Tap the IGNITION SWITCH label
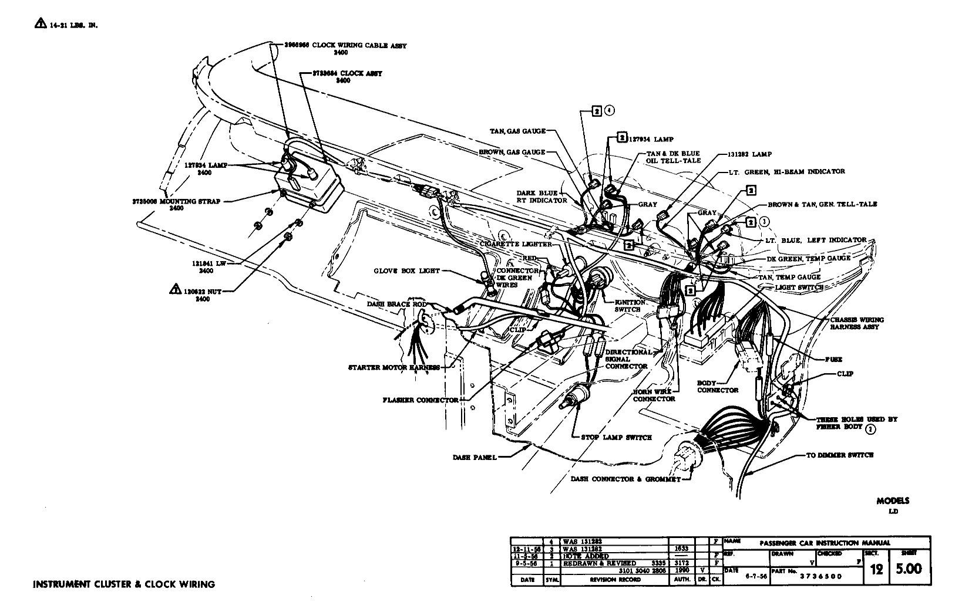click(630, 306)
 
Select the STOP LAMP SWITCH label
click(616, 437)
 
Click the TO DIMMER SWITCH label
click(839, 455)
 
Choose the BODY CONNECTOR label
click(718, 386)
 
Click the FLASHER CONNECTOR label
click(420, 400)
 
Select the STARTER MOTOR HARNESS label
click(394, 368)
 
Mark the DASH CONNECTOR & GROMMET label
click(625, 479)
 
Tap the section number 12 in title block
click(876, 569)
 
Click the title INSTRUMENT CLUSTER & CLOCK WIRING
click(124, 584)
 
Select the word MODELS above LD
click(893, 500)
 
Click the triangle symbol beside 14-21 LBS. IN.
click(40, 24)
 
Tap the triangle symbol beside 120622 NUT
click(174, 289)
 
